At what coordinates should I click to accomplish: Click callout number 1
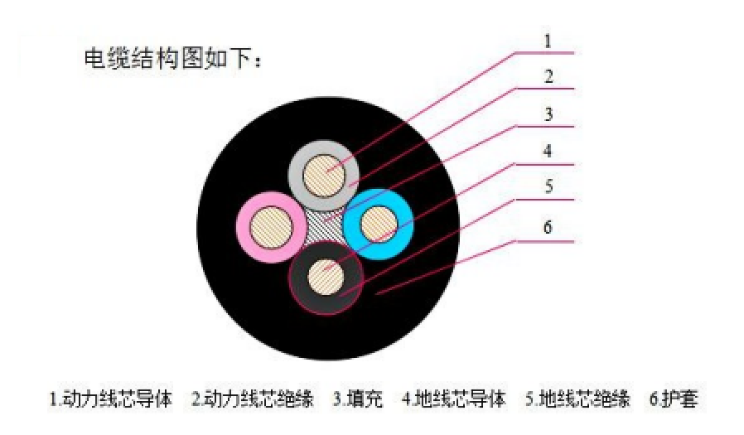(548, 41)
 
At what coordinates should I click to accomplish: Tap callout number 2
(548, 77)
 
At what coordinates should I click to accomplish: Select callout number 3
(548, 114)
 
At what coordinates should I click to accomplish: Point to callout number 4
(548, 152)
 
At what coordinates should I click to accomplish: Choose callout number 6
(548, 227)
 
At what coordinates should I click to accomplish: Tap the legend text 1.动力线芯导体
(111, 399)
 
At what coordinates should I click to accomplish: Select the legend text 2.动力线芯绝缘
(253, 399)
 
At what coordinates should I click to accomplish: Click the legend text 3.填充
(358, 399)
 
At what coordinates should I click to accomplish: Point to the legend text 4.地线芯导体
(454, 399)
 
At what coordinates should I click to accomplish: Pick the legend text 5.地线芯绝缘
(578, 399)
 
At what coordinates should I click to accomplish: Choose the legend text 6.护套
(674, 399)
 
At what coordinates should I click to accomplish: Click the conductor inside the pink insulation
(271, 227)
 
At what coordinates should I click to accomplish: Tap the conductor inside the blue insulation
(379, 224)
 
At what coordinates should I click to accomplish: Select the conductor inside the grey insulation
(324, 176)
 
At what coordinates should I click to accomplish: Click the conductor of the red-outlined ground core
(326, 277)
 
